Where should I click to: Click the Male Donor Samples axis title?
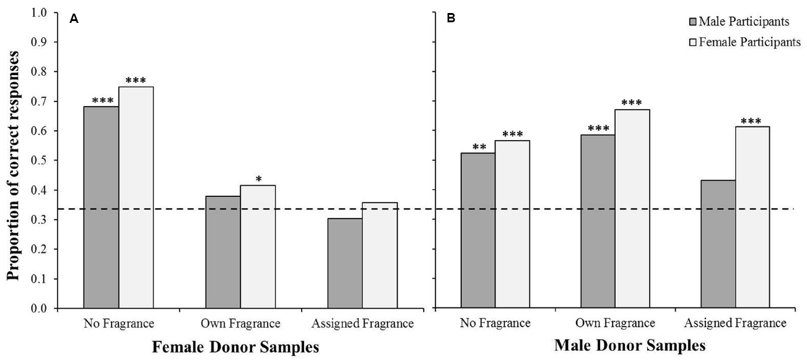629,346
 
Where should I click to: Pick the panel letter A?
74,19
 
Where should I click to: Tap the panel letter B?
451,19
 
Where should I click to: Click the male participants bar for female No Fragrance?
101,207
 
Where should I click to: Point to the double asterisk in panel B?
478,147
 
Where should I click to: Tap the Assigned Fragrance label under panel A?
362,323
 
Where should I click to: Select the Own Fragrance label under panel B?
614,323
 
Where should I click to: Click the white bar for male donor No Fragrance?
512,224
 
